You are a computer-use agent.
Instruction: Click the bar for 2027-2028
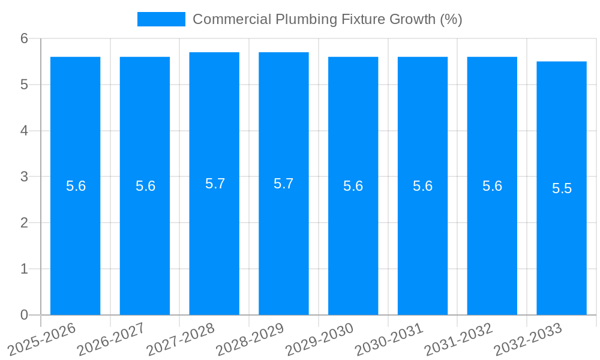pyautogui.click(x=214, y=240)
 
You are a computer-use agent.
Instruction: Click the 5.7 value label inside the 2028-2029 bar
pyautogui.click(x=284, y=184)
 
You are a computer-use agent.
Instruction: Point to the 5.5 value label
pyautogui.click(x=562, y=188)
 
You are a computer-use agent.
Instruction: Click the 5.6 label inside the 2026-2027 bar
pyautogui.click(x=145, y=186)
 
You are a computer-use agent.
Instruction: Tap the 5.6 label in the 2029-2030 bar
pyautogui.click(x=353, y=186)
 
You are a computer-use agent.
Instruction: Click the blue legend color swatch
pyautogui.click(x=161, y=19)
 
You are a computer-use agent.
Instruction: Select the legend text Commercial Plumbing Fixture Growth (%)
pyautogui.click(x=327, y=19)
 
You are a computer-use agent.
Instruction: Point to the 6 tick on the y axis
pyautogui.click(x=25, y=38)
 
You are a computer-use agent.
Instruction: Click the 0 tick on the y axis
pyautogui.click(x=25, y=315)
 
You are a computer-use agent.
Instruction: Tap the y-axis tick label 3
pyautogui.click(x=25, y=177)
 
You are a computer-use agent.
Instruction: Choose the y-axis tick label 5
pyautogui.click(x=25, y=85)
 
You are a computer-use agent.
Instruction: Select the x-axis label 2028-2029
pyautogui.click(x=251, y=338)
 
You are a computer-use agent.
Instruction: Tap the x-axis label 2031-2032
pyautogui.click(x=459, y=338)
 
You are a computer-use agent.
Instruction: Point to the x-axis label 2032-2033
pyautogui.click(x=529, y=338)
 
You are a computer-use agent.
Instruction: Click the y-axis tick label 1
pyautogui.click(x=25, y=269)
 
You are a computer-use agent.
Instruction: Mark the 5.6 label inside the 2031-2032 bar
pyautogui.click(x=492, y=186)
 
